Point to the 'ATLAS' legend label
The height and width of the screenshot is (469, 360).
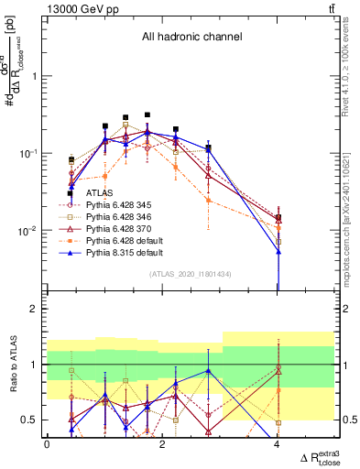point(100,193)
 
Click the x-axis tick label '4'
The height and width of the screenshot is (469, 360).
point(278,444)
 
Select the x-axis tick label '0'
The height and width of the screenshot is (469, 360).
point(47,444)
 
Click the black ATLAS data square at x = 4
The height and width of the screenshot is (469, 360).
point(278,218)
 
